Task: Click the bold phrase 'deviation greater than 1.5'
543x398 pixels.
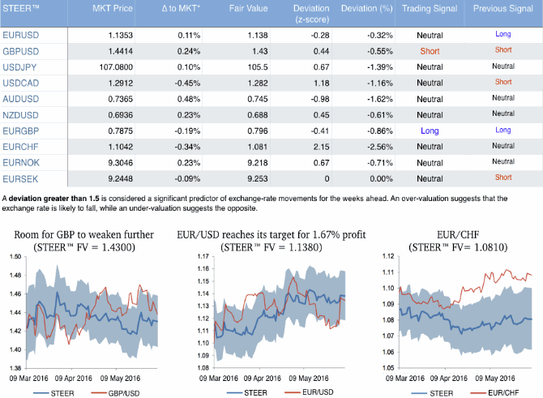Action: coord(51,197)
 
